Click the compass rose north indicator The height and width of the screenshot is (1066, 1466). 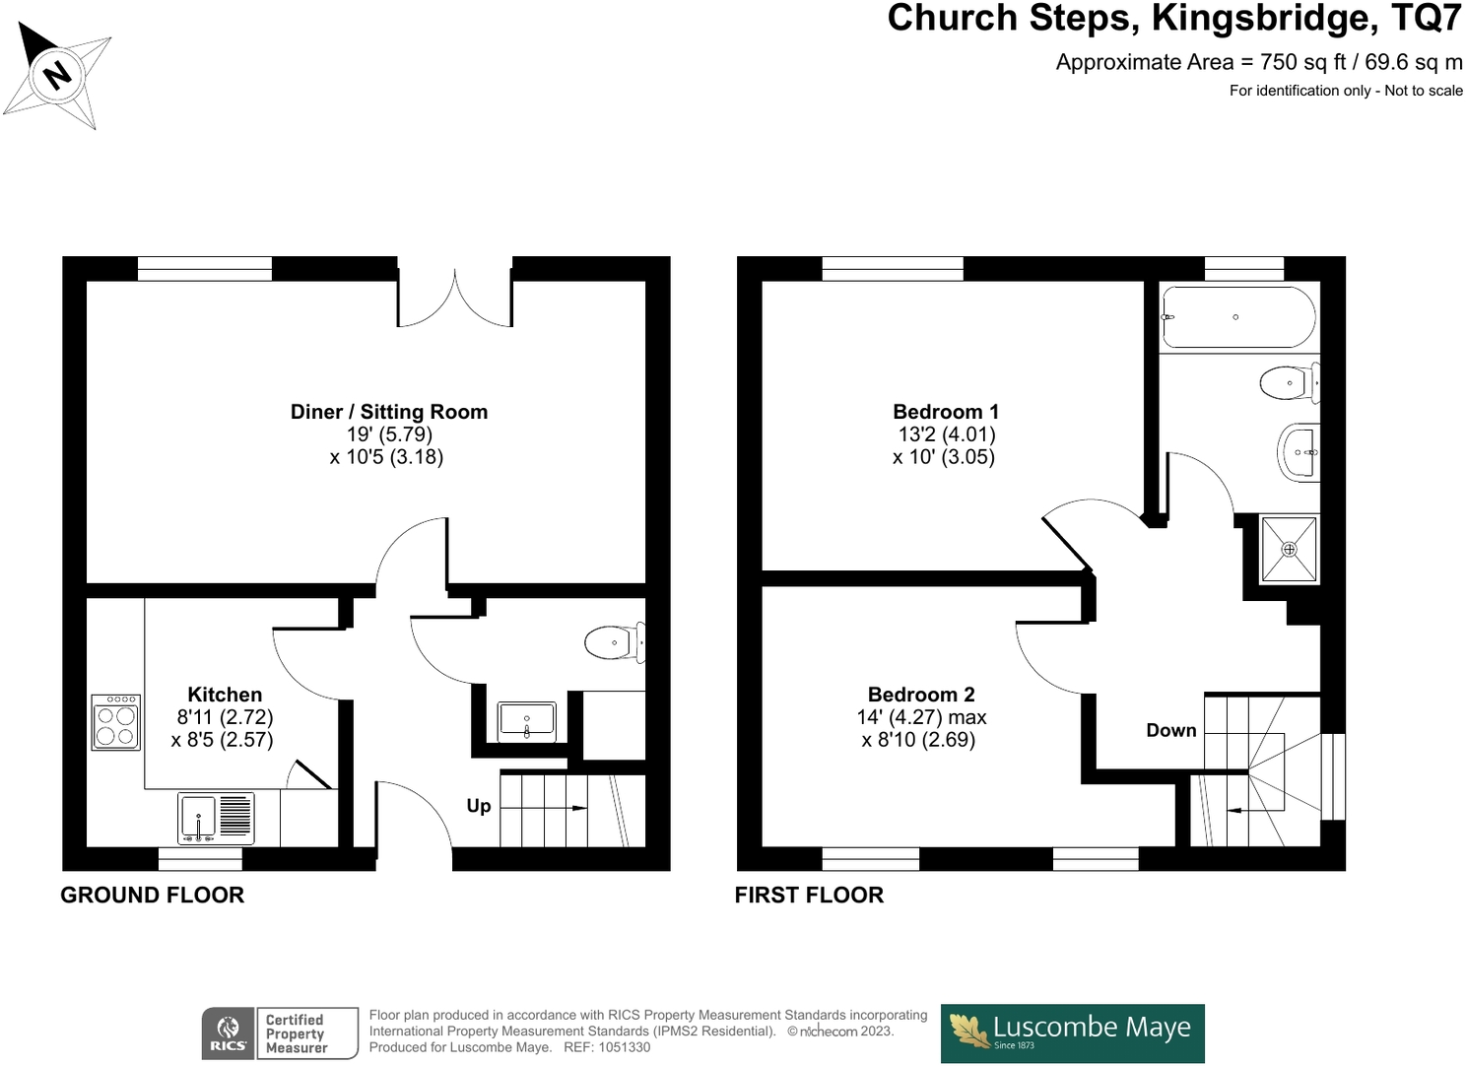57,74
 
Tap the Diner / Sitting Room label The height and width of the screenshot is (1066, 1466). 389,412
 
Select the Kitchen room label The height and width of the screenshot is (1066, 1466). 225,695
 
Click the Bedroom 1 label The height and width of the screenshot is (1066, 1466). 945,412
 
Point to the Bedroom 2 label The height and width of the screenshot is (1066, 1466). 921,695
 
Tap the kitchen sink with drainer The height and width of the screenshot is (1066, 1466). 216,818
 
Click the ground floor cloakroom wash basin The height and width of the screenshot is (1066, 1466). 527,721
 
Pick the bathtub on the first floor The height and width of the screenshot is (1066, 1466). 1238,317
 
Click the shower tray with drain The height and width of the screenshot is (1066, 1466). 1289,549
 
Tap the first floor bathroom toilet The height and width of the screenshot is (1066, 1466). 1289,382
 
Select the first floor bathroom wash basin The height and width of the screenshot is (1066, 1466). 1299,452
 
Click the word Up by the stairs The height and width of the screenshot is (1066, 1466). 479,806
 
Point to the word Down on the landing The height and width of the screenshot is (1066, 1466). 1171,730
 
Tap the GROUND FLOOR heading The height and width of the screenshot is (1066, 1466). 152,895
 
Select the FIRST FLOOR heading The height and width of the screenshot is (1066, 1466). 809,895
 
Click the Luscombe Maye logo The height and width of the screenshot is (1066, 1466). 1072,1033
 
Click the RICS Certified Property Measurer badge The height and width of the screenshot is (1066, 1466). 280,1033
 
